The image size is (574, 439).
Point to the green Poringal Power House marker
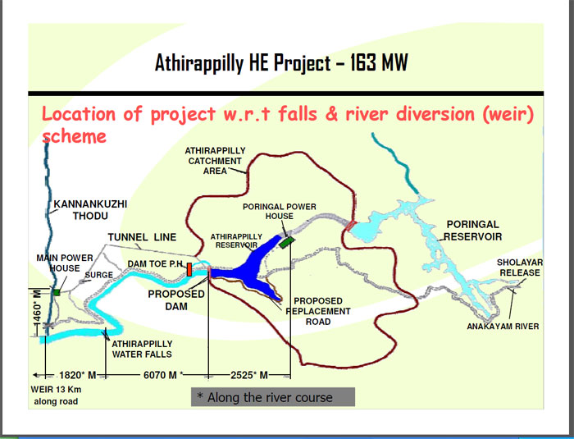286,241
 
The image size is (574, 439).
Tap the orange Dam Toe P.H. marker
190,269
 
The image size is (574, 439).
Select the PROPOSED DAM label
176,300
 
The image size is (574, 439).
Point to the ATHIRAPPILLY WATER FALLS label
142,349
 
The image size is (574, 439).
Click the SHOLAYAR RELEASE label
519,268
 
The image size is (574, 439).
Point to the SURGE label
98,276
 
